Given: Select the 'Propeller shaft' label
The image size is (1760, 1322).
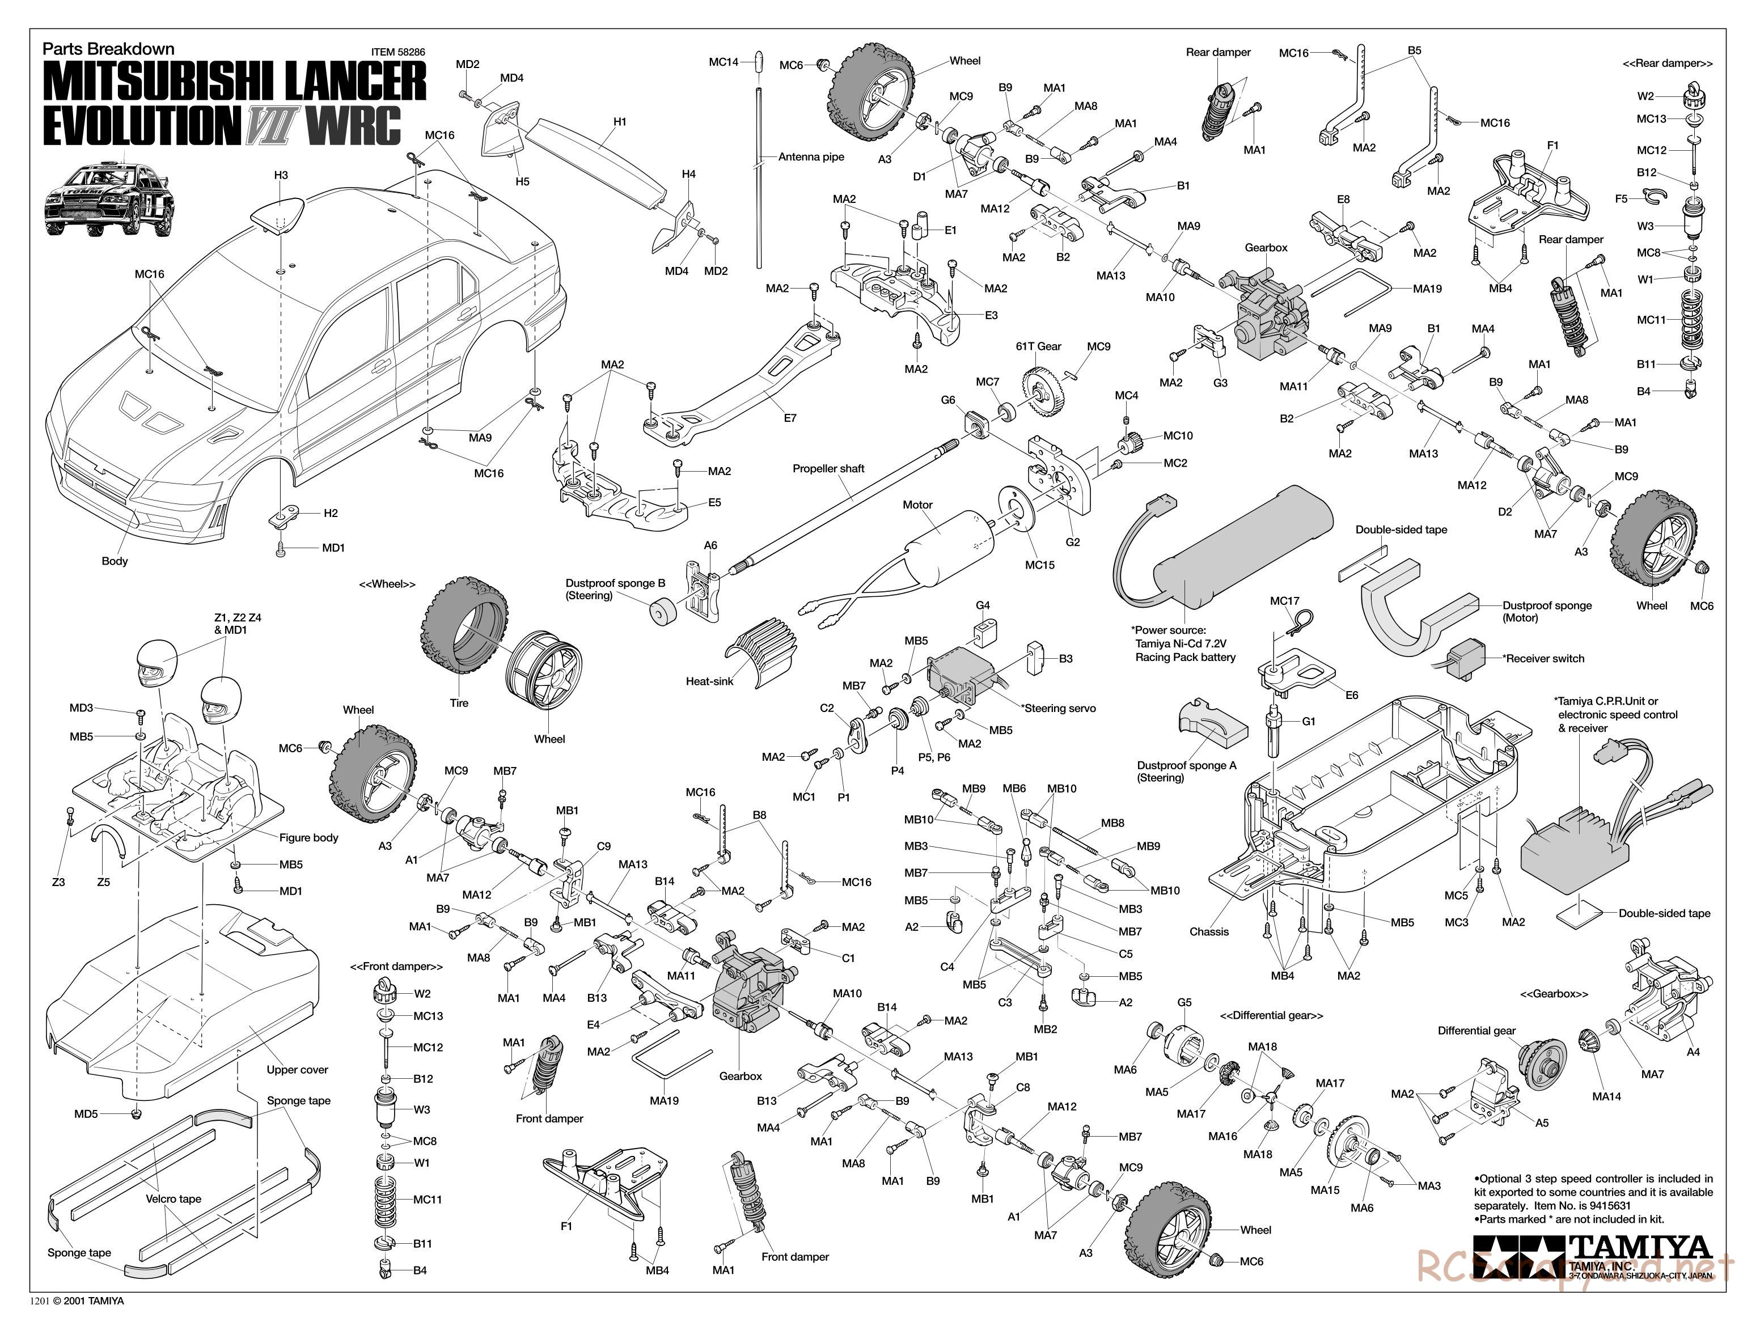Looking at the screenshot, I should tap(828, 468).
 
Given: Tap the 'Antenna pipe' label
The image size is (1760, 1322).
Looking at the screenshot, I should tap(811, 156).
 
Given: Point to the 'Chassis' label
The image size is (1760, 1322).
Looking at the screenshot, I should tap(1209, 931).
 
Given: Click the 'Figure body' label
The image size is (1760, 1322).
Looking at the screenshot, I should tap(308, 837).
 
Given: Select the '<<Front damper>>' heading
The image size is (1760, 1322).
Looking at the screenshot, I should tap(396, 967).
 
